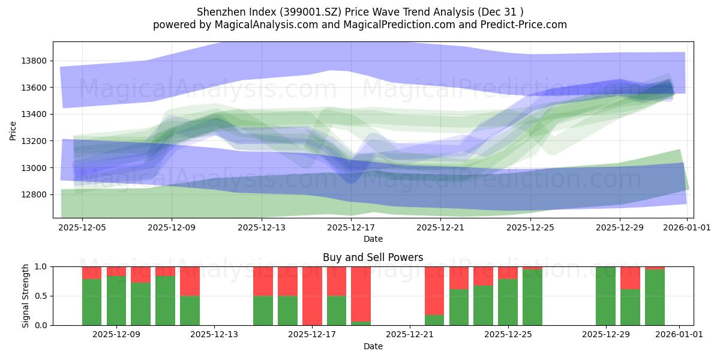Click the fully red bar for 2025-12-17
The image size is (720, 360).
tap(312, 296)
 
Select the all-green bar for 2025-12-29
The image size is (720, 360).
tap(605, 296)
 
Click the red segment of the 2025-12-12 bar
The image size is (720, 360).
tap(190, 281)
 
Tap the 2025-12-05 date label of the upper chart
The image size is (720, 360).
tap(82, 227)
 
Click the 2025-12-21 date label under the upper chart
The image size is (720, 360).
tap(440, 227)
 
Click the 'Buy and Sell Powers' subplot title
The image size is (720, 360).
tap(373, 257)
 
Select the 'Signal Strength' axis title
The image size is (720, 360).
tap(26, 296)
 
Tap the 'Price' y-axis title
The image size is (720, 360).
tap(13, 130)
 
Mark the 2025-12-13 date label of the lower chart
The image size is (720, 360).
tap(214, 335)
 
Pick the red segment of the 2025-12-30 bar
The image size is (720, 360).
tap(630, 278)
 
